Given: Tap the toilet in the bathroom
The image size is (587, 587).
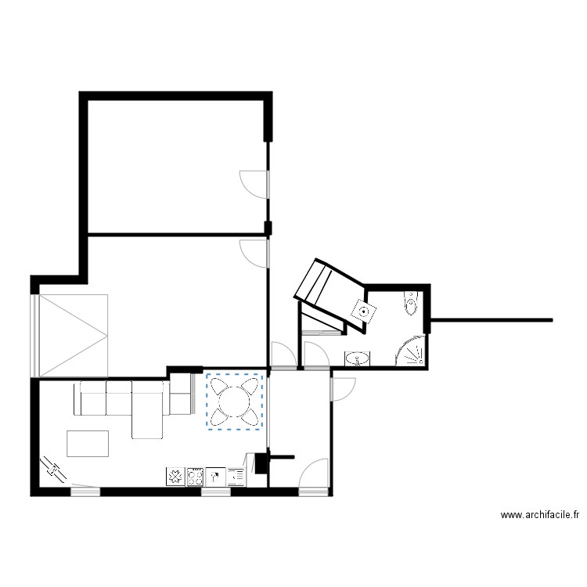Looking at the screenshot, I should coord(411,302).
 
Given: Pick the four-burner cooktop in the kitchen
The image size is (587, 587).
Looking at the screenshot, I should coord(195,476).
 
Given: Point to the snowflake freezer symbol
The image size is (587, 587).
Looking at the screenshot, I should coord(174,476).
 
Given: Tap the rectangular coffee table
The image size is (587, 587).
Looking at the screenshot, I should coord(88,443).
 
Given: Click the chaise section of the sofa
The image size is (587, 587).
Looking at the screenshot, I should coord(146,410).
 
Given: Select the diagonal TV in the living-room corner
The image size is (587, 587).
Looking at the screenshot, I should coord(56,470).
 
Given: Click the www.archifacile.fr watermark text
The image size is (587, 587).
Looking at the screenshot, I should coord(539,515).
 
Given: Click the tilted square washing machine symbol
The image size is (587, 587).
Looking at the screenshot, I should coord(362,310).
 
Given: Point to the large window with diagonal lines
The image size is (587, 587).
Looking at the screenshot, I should coord(72,333).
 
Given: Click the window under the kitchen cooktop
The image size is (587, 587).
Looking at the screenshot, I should coord(212,492).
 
